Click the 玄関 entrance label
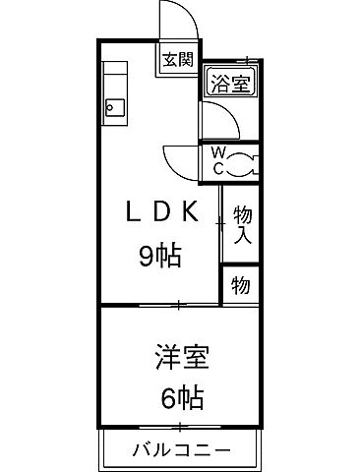pos(177,59)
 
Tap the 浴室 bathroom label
pos(228,84)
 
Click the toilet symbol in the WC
pos(243,160)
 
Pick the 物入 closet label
pos(240,224)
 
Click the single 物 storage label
pos(240,286)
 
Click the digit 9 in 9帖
pos(147,257)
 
